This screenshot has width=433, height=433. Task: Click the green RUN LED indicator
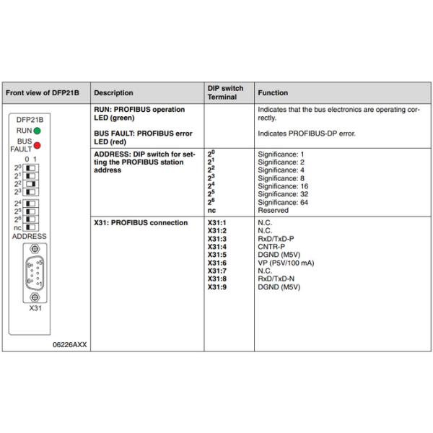click(36, 131)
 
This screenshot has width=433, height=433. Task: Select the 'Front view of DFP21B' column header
click(43, 93)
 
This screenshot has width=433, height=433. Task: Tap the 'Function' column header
click(273, 93)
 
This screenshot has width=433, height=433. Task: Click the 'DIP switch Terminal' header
click(225, 93)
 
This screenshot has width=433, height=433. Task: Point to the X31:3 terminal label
click(217, 238)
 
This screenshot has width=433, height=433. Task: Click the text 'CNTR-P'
click(270, 246)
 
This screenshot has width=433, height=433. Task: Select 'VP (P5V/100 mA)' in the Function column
click(286, 263)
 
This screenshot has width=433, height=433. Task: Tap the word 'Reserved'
click(273, 211)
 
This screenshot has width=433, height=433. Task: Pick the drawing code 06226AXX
click(70, 344)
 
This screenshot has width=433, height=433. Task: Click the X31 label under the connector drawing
click(35, 307)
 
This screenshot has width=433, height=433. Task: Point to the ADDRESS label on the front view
click(30, 236)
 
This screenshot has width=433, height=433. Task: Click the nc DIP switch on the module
click(31, 227)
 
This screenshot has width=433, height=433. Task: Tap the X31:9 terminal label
click(217, 287)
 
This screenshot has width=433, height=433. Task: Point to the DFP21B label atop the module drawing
click(30, 120)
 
